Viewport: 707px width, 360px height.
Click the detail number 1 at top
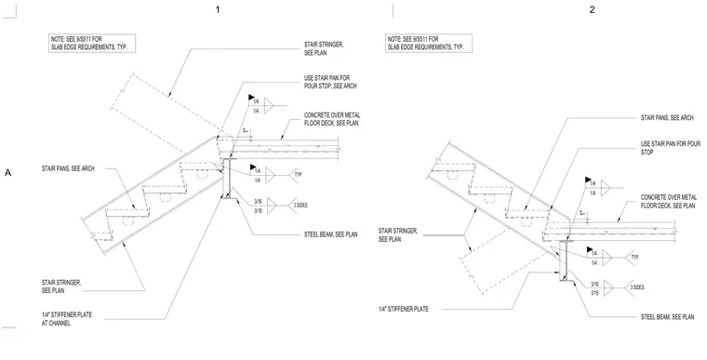[218, 9]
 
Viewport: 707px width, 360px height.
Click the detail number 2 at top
[592, 9]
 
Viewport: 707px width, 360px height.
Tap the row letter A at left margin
[7, 173]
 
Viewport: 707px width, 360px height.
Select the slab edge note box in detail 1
[92, 43]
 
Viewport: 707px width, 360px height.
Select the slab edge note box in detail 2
[429, 43]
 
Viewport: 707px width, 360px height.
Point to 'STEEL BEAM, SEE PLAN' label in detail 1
[331, 234]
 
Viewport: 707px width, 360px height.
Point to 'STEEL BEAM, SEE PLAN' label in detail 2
[668, 317]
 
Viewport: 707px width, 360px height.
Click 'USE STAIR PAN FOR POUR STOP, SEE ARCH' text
[330, 82]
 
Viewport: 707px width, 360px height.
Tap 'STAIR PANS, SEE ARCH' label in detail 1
[68, 168]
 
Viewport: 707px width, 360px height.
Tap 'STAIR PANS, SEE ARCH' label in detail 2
[667, 118]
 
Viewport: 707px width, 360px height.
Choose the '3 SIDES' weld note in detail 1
[300, 206]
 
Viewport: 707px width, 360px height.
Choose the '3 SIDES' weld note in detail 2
[636, 287]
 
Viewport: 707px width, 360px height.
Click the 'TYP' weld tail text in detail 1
[298, 174]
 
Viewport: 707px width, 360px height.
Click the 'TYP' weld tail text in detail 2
[634, 257]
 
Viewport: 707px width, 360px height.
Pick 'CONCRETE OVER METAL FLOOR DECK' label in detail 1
[332, 119]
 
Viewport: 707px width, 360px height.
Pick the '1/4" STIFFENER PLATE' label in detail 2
[404, 309]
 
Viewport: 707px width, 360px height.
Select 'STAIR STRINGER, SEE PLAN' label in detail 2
[398, 235]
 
